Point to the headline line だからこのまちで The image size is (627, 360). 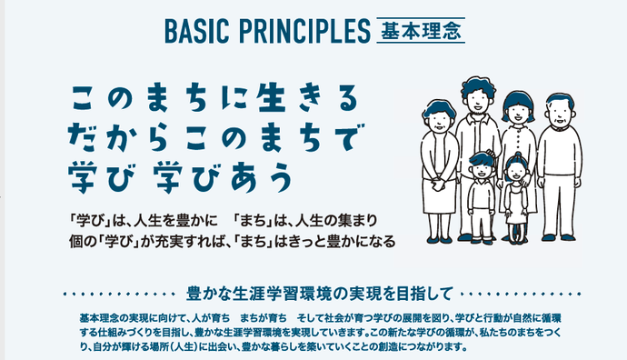click(208, 133)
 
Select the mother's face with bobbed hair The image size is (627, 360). click(517, 111)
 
